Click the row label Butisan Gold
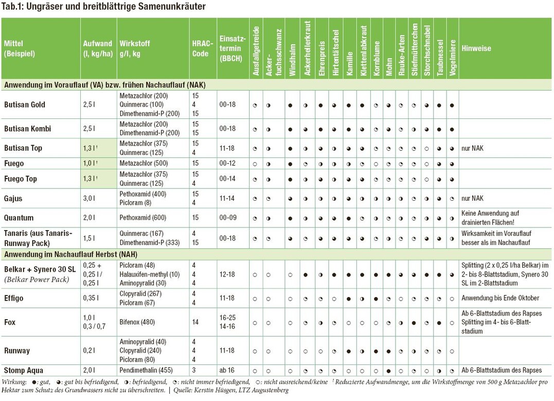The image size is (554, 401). (25, 104)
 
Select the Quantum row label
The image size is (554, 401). (19, 217)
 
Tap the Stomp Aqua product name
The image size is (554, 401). (24, 370)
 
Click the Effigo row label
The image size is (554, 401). (14, 298)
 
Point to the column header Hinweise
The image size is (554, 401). (476, 48)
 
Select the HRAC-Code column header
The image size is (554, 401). (201, 48)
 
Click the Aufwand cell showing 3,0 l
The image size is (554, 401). (90, 198)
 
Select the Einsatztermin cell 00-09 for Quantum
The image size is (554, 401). (227, 217)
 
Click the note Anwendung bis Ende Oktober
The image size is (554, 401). (500, 298)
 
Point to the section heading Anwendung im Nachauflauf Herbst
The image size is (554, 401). (71, 254)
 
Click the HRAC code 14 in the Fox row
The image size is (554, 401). (195, 322)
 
